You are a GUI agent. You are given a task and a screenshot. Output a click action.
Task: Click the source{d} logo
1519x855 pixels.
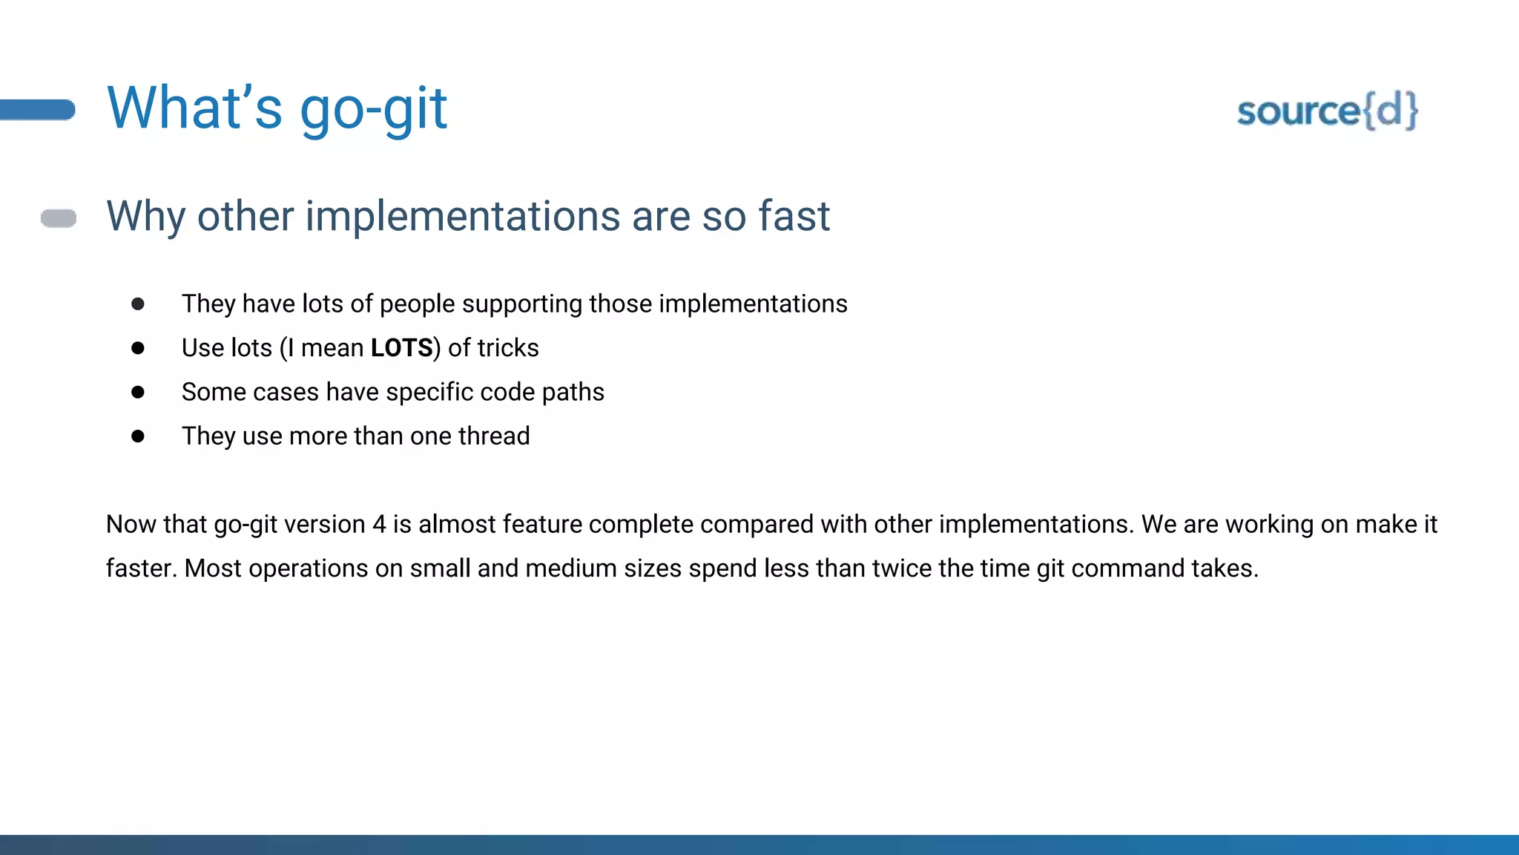[x=1327, y=111]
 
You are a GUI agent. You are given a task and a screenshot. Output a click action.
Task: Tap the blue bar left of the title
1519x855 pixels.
[x=37, y=110]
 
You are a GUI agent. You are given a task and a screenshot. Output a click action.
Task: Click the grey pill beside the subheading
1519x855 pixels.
[x=59, y=218]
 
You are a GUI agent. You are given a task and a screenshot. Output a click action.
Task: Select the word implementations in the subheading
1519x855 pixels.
[x=463, y=217]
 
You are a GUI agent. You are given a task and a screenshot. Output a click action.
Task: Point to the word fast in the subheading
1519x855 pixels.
[x=794, y=217]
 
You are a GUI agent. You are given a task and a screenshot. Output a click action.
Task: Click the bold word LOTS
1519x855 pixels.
[x=401, y=348]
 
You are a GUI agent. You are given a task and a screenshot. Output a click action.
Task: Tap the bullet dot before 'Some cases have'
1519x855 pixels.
[x=138, y=392]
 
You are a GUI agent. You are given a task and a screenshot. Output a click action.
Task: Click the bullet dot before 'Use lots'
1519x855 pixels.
[x=138, y=348]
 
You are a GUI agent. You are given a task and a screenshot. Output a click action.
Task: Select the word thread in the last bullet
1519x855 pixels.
[x=494, y=436]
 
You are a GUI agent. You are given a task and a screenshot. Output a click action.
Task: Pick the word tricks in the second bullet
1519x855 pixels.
[x=508, y=348]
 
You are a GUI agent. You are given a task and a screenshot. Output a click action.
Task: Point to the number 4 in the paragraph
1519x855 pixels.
[x=379, y=525]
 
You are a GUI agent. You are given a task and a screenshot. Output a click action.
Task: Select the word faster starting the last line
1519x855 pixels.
[x=141, y=569]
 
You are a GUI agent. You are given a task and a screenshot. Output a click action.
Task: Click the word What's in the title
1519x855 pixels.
[x=194, y=108]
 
